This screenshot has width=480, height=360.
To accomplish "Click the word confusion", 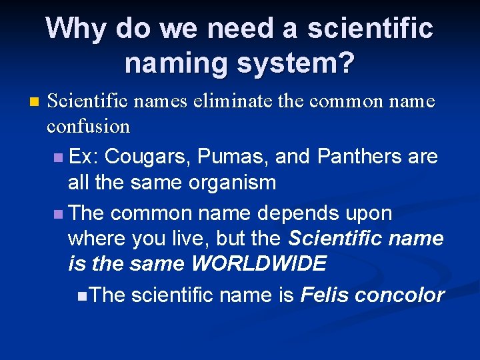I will point(89,126).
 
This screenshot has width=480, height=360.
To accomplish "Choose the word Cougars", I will point(137,157).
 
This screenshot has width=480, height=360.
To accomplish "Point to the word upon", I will point(369,213).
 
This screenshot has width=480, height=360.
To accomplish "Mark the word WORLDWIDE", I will point(259,264).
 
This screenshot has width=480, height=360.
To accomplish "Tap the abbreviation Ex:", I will point(84,157).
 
